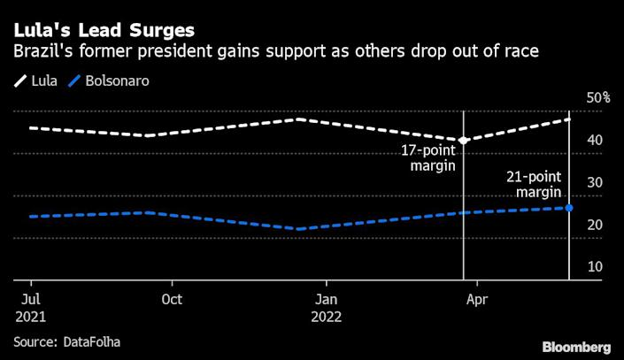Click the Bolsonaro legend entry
pyautogui.click(x=116, y=80)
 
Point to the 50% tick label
pyautogui.click(x=598, y=97)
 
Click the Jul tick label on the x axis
pyautogui.click(x=29, y=299)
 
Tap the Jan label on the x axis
pyautogui.click(x=327, y=299)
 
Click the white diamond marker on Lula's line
pyautogui.click(x=463, y=140)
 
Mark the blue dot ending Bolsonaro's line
pyautogui.click(x=568, y=208)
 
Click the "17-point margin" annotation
pyautogui.click(x=429, y=158)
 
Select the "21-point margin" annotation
pyautogui.click(x=535, y=185)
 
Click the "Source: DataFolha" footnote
pyautogui.click(x=67, y=341)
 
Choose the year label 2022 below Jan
pyautogui.click(x=327, y=316)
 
